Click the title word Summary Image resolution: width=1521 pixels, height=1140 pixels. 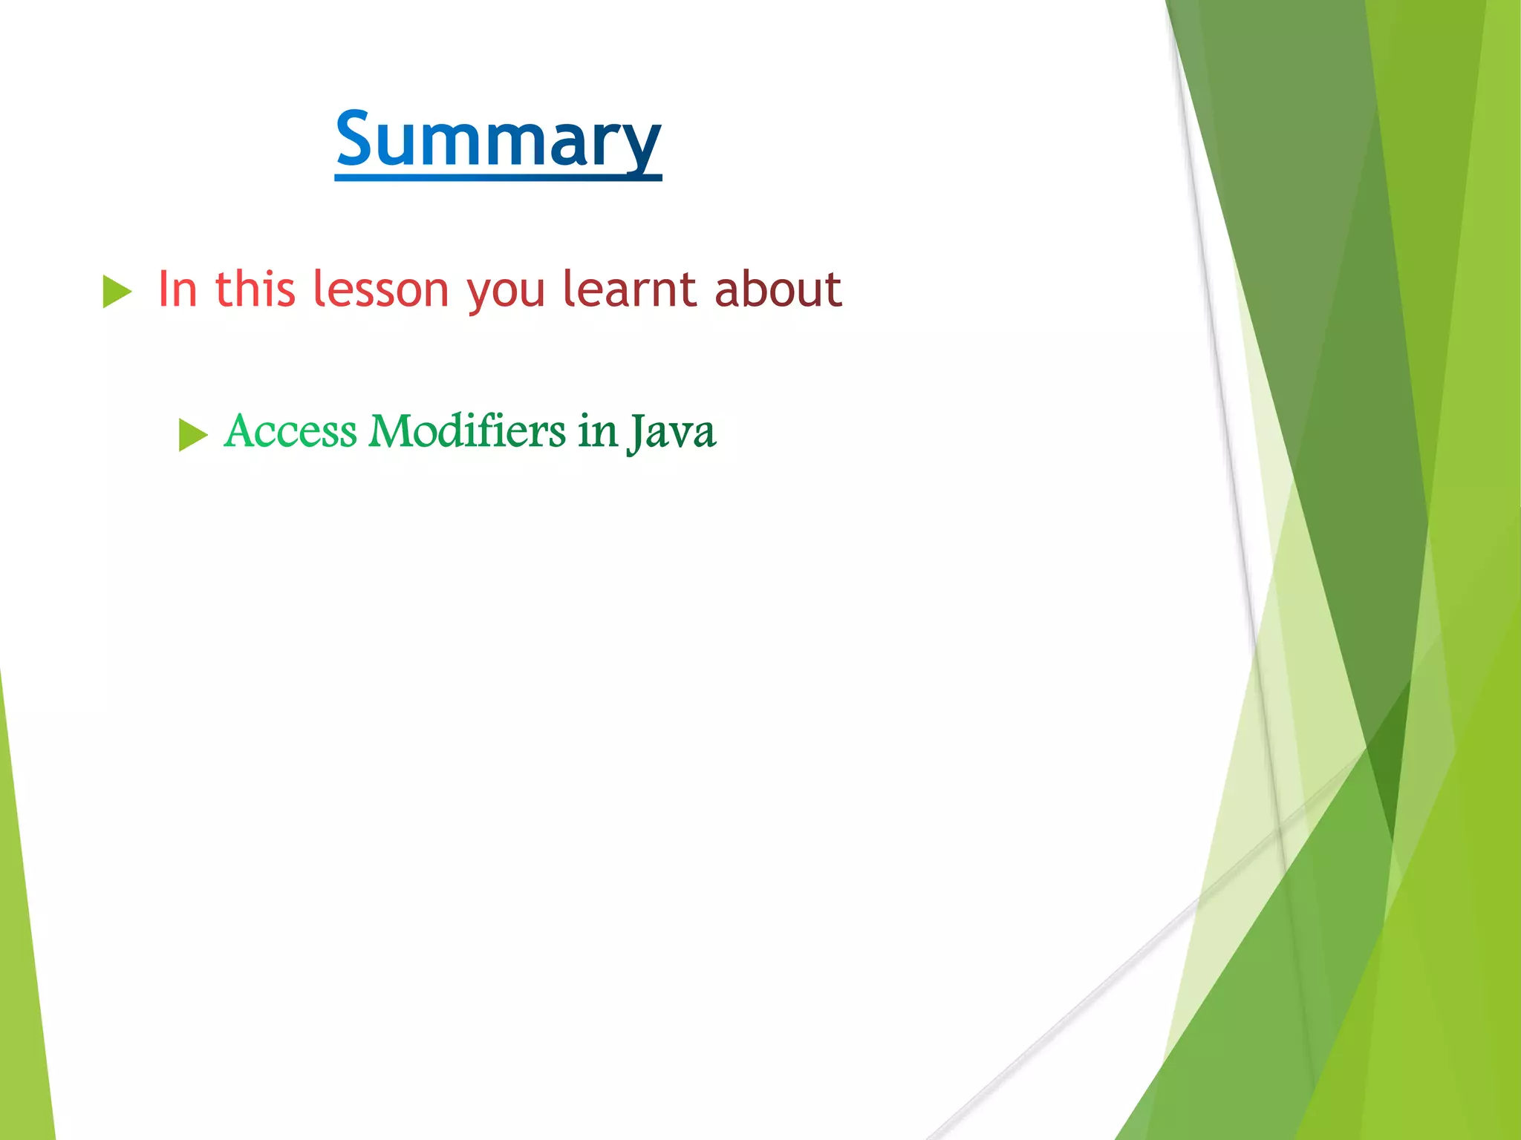tap(498, 139)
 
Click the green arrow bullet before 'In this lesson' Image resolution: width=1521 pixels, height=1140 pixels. tap(117, 291)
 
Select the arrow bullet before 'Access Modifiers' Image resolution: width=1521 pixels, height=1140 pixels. tap(192, 435)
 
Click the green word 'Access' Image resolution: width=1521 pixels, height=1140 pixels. tap(290, 431)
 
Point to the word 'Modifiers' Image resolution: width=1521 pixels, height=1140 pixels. tap(467, 431)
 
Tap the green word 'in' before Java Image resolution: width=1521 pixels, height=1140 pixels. tap(598, 431)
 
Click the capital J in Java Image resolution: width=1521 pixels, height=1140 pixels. tap(636, 433)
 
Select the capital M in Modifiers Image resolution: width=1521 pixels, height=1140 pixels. tap(391, 431)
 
